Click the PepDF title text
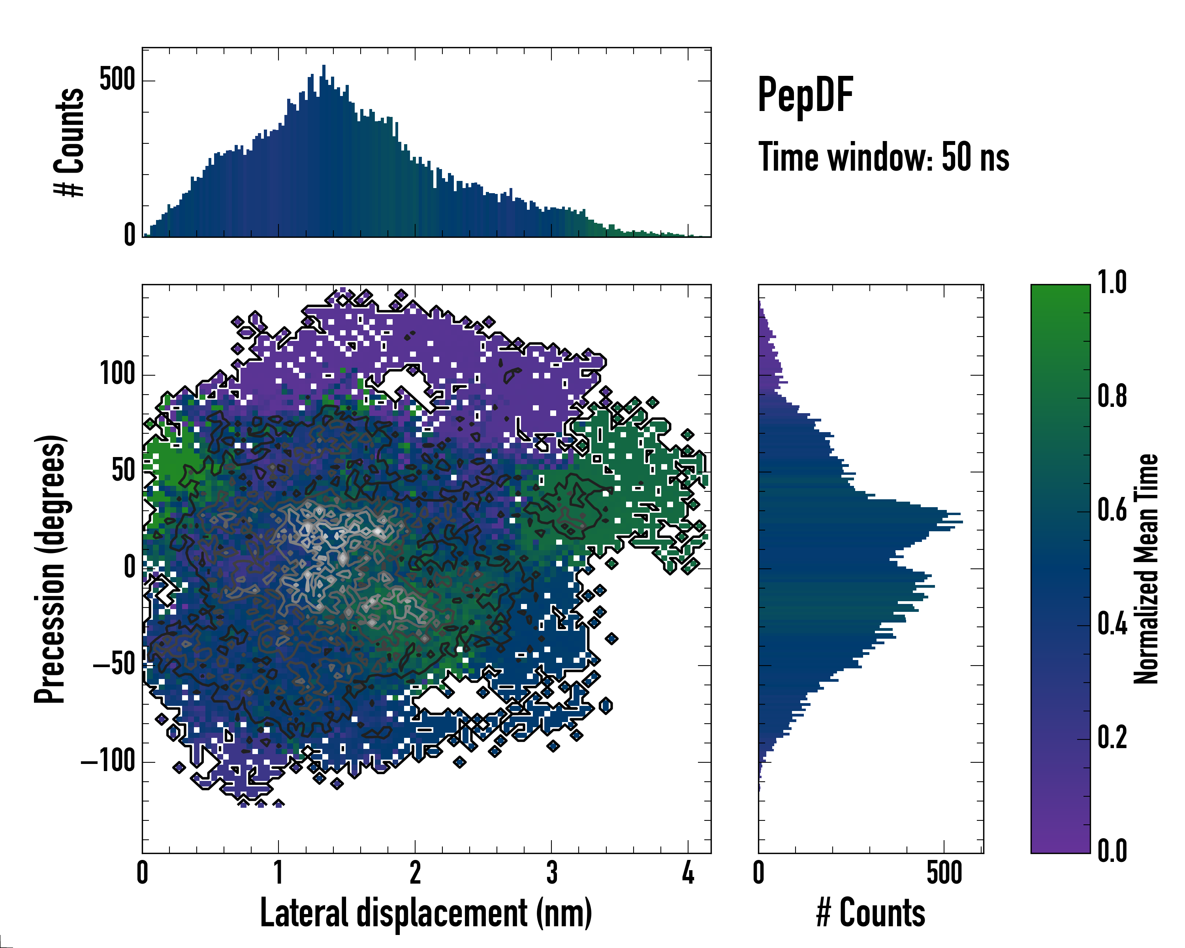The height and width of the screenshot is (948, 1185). pos(805,94)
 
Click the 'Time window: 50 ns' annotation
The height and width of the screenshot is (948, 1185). pos(883,157)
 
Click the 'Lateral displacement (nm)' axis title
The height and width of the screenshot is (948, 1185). pos(426,913)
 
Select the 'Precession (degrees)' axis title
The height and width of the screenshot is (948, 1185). pos(50,568)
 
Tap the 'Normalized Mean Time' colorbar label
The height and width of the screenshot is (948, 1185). pos(1146,568)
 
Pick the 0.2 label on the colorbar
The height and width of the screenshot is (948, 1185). pos(1112,737)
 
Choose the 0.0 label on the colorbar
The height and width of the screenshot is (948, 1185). pos(1112,851)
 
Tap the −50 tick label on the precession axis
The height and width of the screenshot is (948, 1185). pos(114,664)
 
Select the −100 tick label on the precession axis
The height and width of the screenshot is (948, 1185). pos(108,762)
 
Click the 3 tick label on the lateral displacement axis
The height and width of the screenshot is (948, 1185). pos(551,873)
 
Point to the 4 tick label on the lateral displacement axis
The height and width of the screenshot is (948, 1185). pos(688,873)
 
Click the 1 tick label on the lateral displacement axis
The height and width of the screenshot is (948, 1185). pos(278,873)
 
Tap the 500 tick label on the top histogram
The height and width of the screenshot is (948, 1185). pos(117,80)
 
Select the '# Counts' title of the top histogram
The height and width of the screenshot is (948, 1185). pos(69,142)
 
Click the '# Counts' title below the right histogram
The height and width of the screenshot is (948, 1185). pos(871,913)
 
